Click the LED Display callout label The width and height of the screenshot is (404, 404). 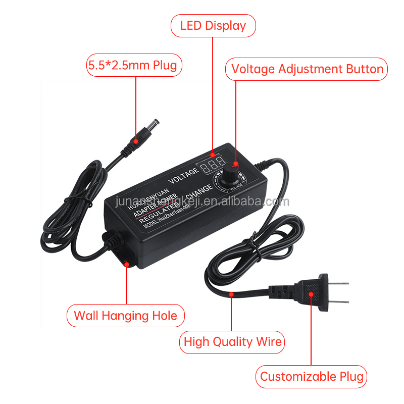pyautogui.click(x=213, y=26)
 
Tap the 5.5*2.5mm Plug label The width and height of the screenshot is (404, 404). pyautogui.click(x=135, y=65)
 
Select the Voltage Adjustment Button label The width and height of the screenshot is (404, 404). pyautogui.click(x=307, y=69)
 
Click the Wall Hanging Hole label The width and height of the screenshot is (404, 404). pyautogui.click(x=126, y=316)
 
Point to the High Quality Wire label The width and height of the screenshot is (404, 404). pyautogui.click(x=232, y=342)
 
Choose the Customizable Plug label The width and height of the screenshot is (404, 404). pyautogui.click(x=311, y=376)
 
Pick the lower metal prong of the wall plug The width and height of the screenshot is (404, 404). pyautogui.click(x=340, y=302)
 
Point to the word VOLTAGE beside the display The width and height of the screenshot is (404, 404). pyautogui.click(x=184, y=176)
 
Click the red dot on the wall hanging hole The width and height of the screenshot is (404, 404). pyautogui.click(x=126, y=263)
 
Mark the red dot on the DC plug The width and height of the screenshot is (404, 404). pyautogui.click(x=135, y=141)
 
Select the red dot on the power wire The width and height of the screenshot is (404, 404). pyautogui.click(x=231, y=294)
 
